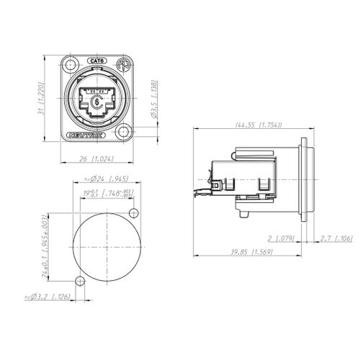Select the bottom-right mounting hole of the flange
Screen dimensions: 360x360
(123, 133)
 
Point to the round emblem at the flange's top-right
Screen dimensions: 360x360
(123, 63)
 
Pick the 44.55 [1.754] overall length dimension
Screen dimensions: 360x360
(258, 125)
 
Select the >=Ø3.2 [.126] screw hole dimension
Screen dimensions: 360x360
(47, 296)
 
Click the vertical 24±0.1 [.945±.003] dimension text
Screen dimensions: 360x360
(45, 246)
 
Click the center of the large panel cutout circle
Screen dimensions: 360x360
(106, 246)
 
